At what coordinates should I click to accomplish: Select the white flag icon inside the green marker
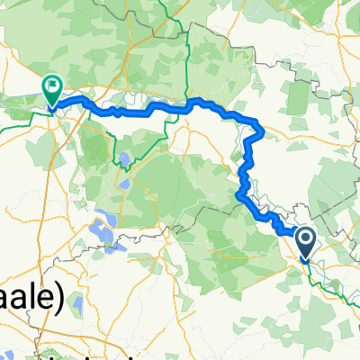(52, 87)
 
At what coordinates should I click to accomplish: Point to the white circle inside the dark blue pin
(305, 238)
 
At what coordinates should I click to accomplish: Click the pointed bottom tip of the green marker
(52, 107)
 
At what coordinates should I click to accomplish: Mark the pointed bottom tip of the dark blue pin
(305, 260)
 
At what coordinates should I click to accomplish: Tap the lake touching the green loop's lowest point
(124, 162)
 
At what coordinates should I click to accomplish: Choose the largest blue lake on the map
(101, 229)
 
